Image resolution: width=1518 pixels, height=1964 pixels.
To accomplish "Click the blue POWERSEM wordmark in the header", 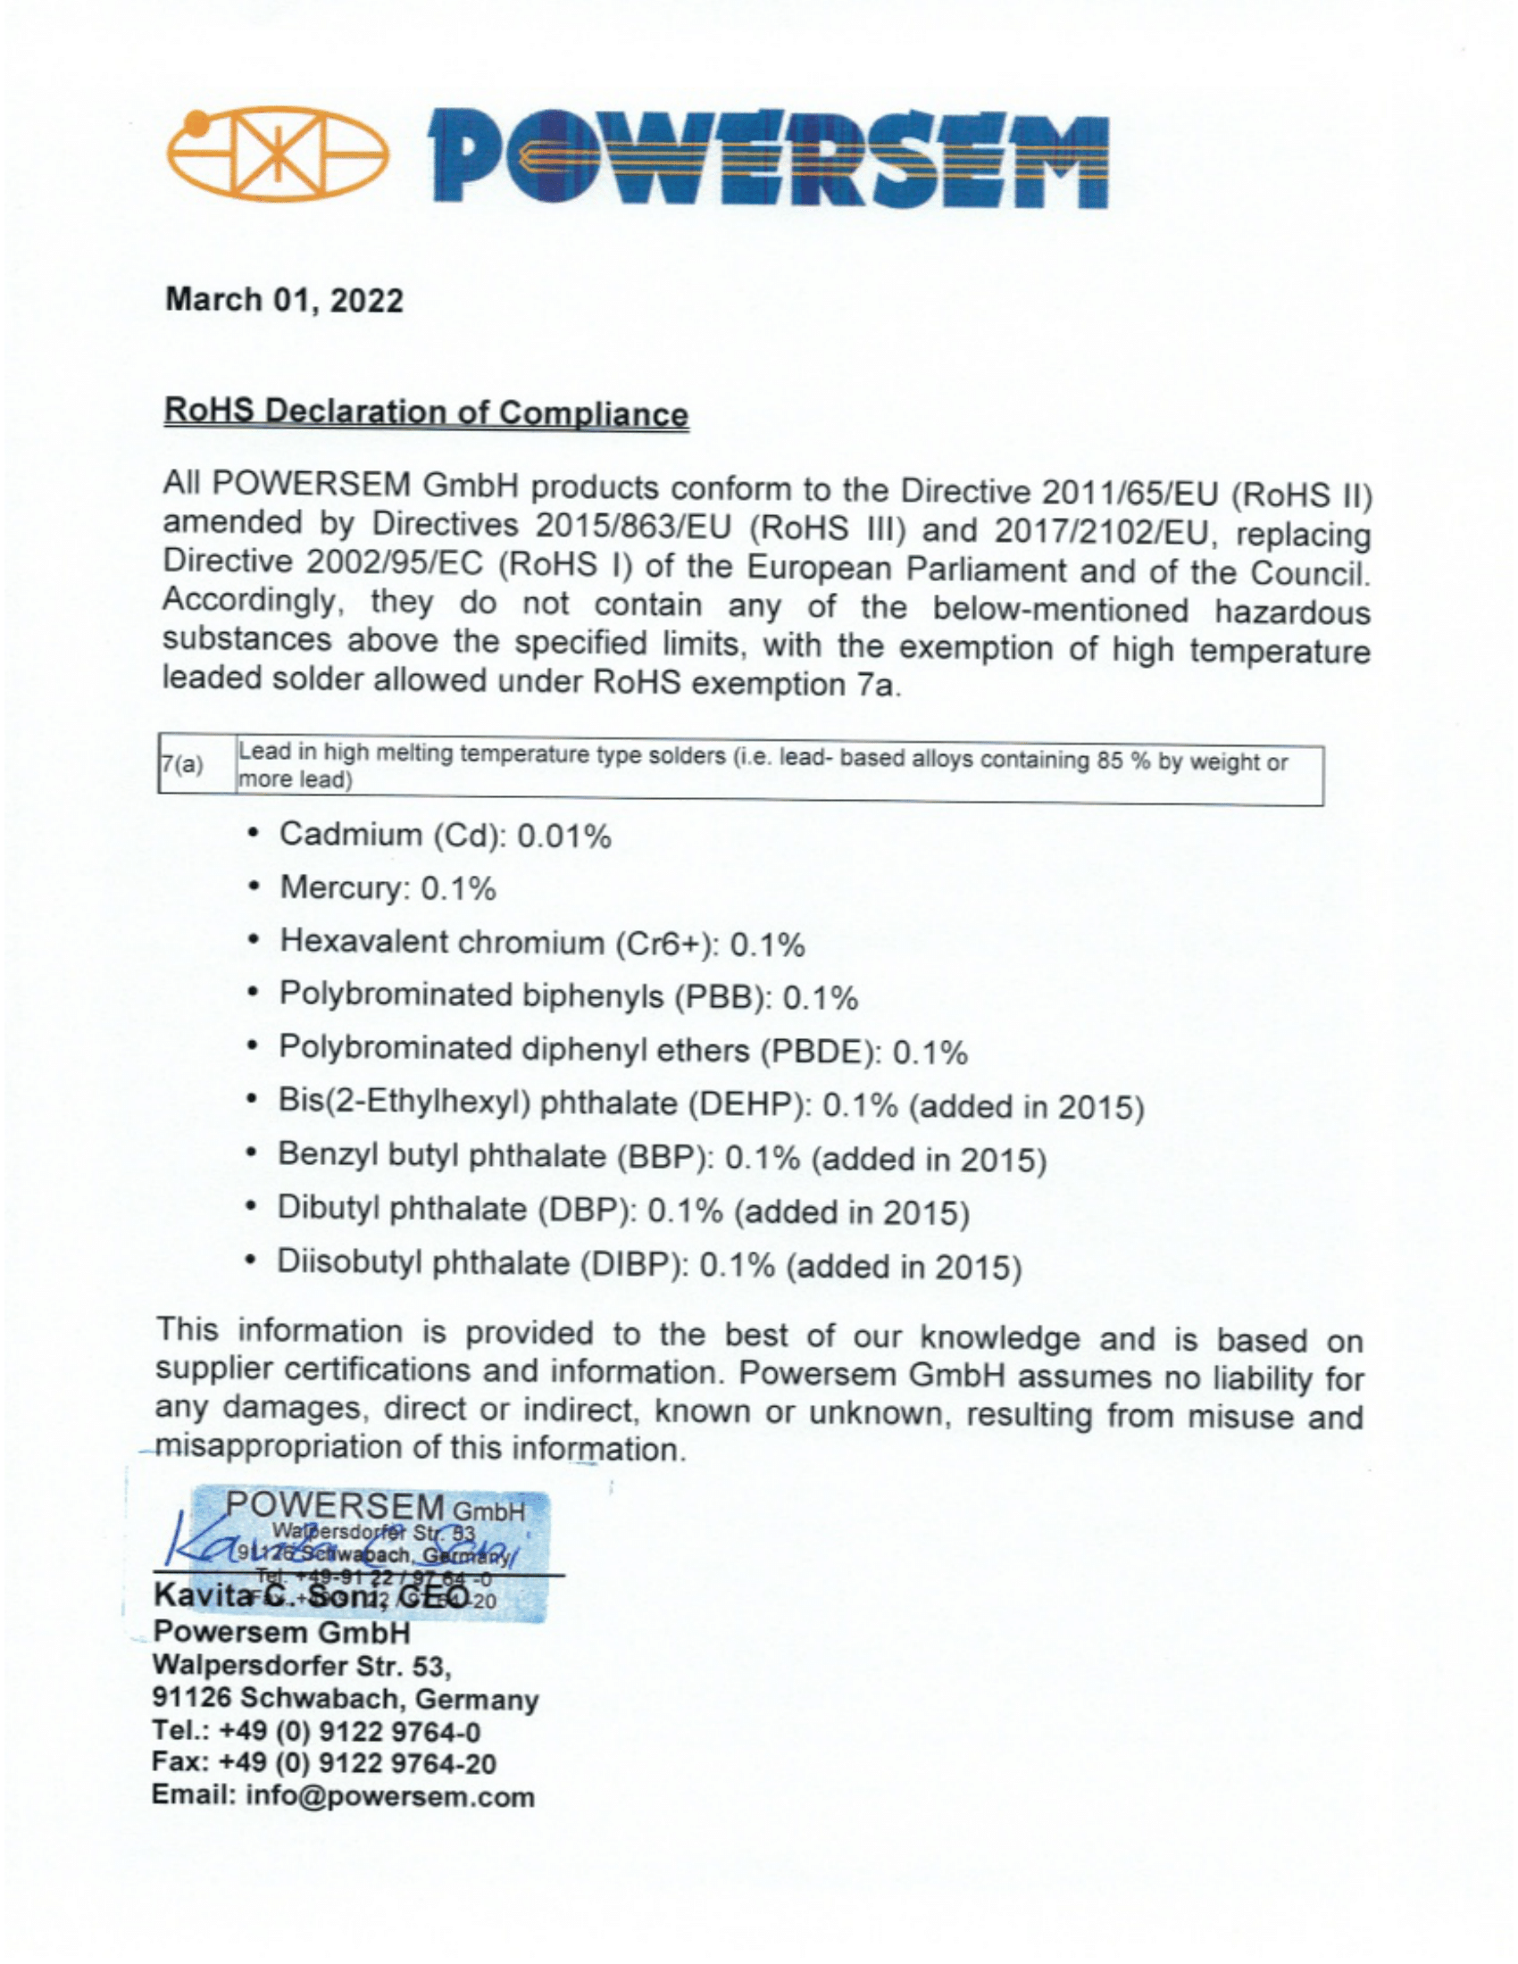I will [767, 159].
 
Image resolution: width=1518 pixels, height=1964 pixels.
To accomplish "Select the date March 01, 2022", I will [284, 299].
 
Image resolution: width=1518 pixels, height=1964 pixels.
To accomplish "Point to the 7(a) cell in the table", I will [182, 765].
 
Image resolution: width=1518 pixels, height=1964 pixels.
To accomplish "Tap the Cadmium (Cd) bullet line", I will [446, 836].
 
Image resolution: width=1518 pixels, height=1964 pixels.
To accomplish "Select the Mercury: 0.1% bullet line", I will [388, 888].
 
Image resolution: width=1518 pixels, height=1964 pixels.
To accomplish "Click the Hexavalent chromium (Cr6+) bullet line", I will [541, 943].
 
